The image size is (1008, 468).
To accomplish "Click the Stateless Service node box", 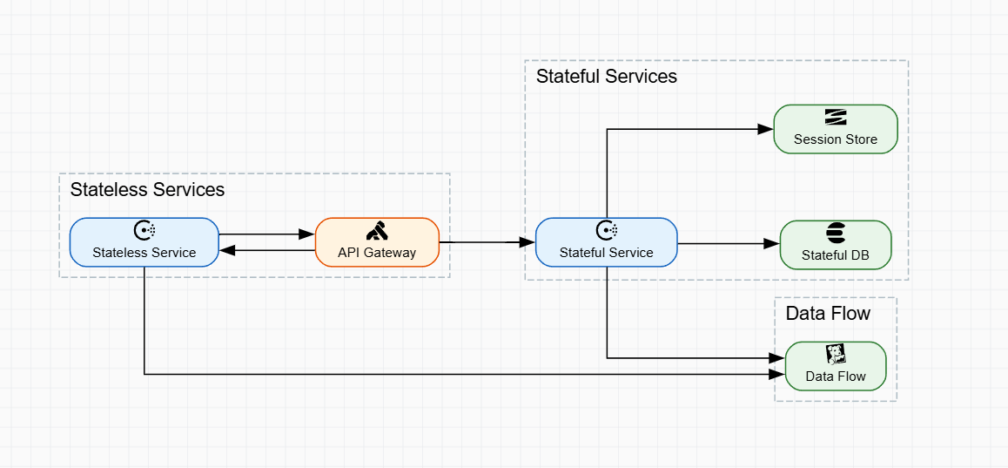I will [x=144, y=242].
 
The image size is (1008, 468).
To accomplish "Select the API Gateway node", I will [x=377, y=242].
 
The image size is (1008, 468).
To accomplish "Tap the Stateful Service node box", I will [x=606, y=242].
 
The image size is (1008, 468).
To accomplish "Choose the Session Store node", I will [x=836, y=129].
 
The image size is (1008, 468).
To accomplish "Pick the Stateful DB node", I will [x=836, y=245].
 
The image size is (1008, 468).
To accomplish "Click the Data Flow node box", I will [x=836, y=366].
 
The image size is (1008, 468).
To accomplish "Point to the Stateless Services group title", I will [x=147, y=189].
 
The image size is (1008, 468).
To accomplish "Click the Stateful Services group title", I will [x=606, y=76].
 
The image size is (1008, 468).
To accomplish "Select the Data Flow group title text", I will [x=828, y=313].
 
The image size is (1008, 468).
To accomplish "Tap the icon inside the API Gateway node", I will [x=377, y=231].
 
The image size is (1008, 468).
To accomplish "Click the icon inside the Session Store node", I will [x=836, y=117].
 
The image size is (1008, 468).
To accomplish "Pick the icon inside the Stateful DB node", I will [x=836, y=233].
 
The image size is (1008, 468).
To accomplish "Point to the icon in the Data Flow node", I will [x=836, y=354].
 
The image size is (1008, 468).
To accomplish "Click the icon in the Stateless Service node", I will [x=144, y=230].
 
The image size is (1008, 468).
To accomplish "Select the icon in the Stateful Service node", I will [x=606, y=230].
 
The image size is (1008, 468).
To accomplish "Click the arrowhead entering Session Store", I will [x=767, y=129].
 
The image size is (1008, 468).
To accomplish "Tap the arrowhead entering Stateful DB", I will [x=772, y=245].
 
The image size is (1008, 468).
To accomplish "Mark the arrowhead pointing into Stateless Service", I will [x=225, y=250].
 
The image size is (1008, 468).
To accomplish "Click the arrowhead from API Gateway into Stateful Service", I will [x=528, y=241].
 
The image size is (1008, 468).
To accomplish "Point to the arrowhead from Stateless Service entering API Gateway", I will [x=307, y=234].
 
